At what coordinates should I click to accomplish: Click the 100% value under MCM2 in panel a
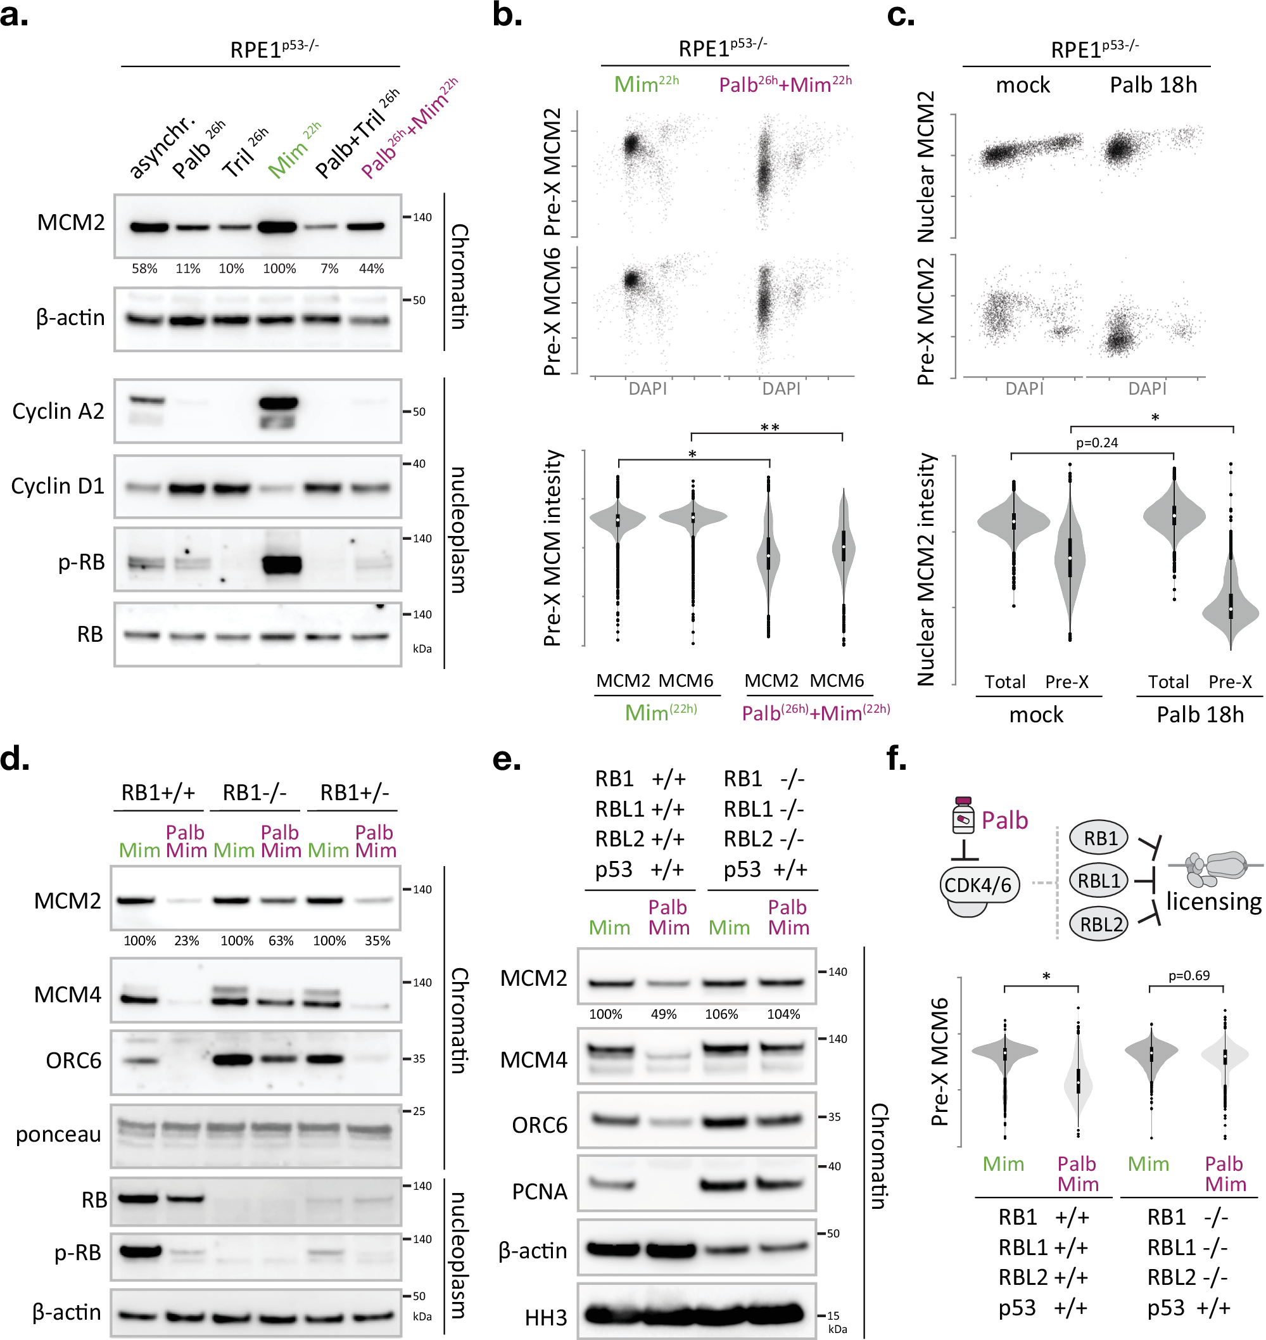(279, 269)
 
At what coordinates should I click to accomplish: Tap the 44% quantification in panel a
(371, 269)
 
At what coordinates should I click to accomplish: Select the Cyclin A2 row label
(58, 411)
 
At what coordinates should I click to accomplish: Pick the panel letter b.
(507, 15)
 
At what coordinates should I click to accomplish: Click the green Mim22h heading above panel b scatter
(646, 84)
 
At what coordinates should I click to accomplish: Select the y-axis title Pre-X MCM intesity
(554, 547)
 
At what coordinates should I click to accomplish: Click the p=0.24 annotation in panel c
(1097, 443)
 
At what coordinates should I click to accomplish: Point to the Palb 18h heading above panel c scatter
(1153, 85)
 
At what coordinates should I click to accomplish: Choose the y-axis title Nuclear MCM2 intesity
(927, 569)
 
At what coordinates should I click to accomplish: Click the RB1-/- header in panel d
(255, 793)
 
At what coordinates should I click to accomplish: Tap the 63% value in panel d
(281, 941)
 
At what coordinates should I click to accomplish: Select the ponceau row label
(58, 1134)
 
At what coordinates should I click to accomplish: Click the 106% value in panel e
(721, 1014)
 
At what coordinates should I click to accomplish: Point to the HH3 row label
(546, 1317)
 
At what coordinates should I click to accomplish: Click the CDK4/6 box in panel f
(978, 885)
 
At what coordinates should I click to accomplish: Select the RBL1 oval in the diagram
(1099, 881)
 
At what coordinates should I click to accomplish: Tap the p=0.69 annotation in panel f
(1189, 976)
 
